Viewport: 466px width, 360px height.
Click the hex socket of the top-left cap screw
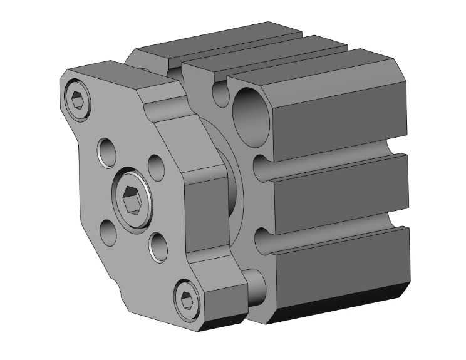(78, 99)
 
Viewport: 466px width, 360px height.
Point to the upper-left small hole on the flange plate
(106, 150)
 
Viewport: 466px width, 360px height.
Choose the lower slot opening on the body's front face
(263, 241)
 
